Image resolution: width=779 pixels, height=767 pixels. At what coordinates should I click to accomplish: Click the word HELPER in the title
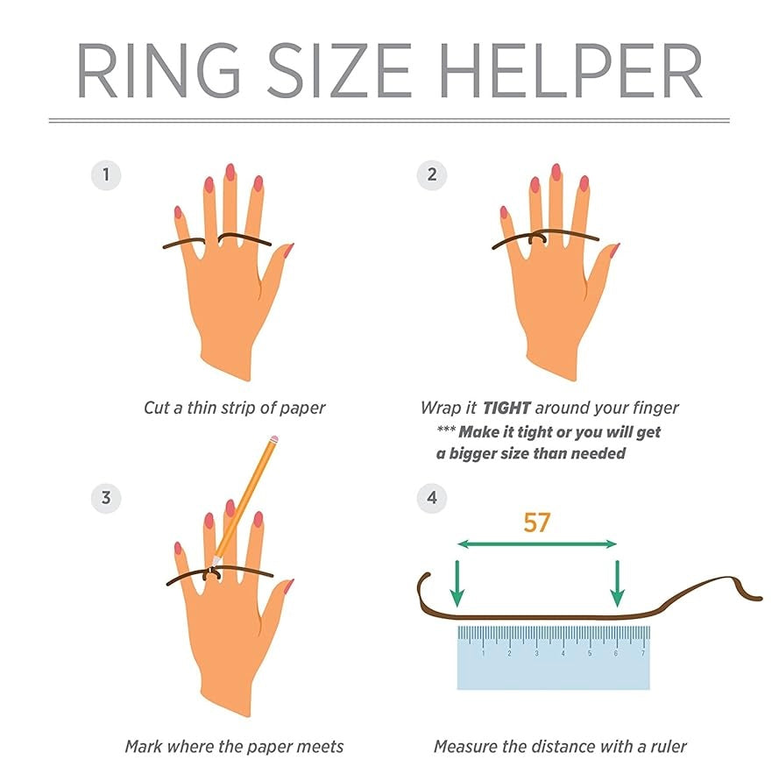click(x=570, y=71)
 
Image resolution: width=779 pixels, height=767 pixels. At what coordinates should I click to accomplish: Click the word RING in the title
click(x=159, y=71)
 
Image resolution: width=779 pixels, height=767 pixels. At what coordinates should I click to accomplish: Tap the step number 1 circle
click(x=106, y=175)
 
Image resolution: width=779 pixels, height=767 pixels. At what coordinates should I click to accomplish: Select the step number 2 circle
click(x=432, y=175)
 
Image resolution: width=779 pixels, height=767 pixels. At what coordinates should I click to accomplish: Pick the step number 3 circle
click(x=106, y=498)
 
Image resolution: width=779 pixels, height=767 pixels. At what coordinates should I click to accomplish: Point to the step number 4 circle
click(x=432, y=498)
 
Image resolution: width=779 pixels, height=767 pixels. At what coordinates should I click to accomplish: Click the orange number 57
click(x=537, y=522)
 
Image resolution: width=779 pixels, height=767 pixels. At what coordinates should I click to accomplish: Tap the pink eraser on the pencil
click(x=273, y=440)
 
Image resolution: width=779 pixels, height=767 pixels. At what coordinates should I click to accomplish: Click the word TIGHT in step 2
click(x=506, y=408)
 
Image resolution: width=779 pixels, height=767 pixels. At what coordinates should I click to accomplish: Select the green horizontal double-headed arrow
click(x=536, y=544)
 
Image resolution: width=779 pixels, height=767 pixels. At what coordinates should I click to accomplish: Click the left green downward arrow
click(x=457, y=584)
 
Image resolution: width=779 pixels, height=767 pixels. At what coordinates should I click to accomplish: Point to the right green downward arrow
click(x=617, y=584)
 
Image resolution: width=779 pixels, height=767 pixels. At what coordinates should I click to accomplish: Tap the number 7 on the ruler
click(x=643, y=653)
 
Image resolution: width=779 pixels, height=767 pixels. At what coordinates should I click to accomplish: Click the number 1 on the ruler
click(x=483, y=653)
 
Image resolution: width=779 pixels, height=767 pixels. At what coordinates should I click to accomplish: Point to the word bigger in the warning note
click(x=472, y=454)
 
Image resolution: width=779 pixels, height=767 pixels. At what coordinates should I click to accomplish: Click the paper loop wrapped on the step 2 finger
click(x=537, y=239)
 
